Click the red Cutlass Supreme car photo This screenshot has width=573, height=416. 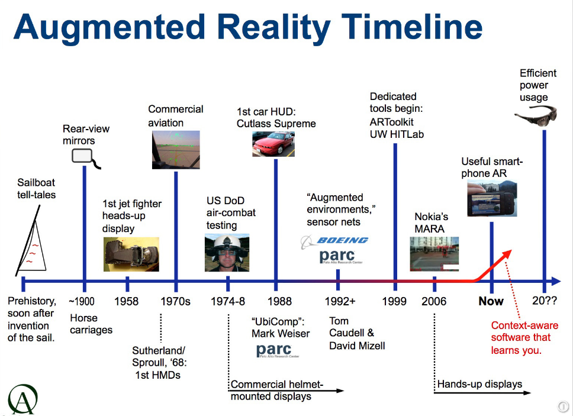coord(273,144)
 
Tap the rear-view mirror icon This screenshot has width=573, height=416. coord(85,158)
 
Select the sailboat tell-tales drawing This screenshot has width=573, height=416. coord(31,241)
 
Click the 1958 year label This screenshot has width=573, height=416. coord(127,301)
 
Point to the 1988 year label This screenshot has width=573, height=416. coord(279,301)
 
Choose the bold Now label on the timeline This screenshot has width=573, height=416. coord(491,301)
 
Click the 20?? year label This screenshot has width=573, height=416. coord(545,301)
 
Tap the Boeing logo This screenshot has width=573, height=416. coord(334,241)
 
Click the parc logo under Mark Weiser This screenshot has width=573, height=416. coord(278,351)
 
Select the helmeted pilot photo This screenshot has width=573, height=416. coord(227,253)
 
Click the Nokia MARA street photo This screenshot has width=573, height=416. coord(434,254)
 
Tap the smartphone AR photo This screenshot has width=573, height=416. coord(492,199)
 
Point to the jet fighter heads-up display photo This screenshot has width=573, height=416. coord(131,254)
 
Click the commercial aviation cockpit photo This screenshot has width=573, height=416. coord(176,150)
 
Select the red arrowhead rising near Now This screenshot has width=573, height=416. coord(506,254)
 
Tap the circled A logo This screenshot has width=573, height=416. coord(22,399)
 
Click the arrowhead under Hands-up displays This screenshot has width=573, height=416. coord(527,392)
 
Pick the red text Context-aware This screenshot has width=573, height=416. coord(524,325)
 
